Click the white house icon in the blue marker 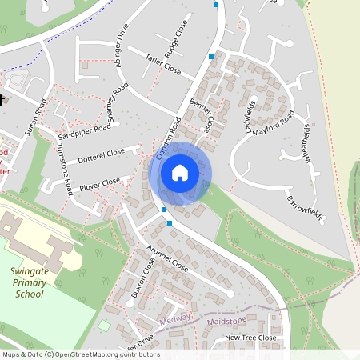click(x=180, y=173)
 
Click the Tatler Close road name click(x=163, y=64)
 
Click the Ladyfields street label click(x=250, y=115)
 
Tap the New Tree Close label click(x=251, y=338)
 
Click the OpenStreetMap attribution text click(x=80, y=354)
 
